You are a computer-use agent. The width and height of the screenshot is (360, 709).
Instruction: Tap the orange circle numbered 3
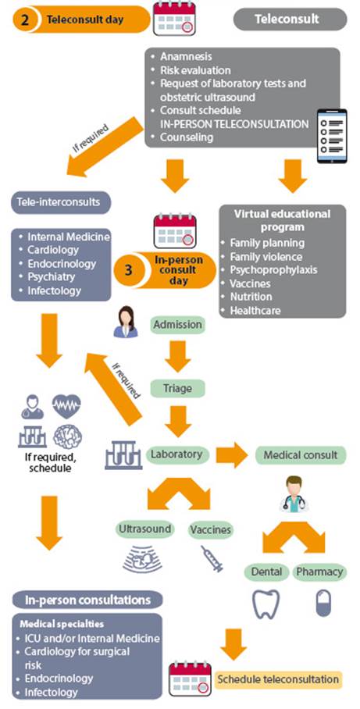[x=128, y=270]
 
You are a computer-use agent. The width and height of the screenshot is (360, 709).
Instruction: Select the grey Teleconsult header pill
[x=290, y=20]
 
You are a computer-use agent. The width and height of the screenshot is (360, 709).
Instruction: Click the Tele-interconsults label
[x=61, y=201]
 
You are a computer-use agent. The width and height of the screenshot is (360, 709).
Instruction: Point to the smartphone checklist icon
[x=332, y=136]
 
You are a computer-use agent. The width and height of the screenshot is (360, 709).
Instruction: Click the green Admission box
[x=178, y=325]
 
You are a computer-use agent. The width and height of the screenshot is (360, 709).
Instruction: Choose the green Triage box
[x=178, y=388]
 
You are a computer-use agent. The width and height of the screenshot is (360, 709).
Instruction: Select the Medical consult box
[x=301, y=455]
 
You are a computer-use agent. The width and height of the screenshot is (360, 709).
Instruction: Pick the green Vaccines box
[x=210, y=529]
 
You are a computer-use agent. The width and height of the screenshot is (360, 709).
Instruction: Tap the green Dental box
[x=267, y=572]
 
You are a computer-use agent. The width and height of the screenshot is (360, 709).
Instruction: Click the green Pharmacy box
[x=319, y=572]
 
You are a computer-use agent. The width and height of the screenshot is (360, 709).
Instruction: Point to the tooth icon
[x=266, y=604]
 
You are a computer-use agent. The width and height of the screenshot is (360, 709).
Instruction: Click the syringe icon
[x=212, y=559]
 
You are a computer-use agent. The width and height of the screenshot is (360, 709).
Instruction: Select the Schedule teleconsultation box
[x=278, y=679]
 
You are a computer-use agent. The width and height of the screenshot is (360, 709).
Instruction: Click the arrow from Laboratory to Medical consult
[x=232, y=455]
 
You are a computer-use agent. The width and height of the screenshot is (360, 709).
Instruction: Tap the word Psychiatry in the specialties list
[x=51, y=276]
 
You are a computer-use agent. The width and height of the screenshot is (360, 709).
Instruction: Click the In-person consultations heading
[x=87, y=600]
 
